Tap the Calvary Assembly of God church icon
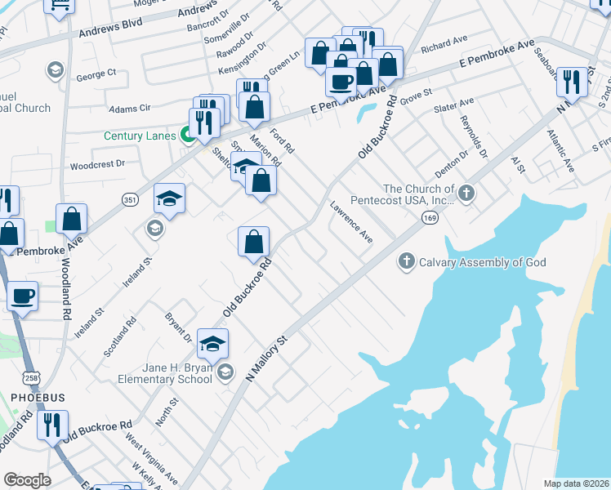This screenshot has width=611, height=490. point(405,262)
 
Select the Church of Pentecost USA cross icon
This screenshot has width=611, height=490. point(466,194)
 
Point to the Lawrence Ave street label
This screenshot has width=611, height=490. point(351,223)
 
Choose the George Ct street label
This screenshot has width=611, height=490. point(96,74)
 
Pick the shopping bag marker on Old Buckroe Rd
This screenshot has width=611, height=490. point(254,241)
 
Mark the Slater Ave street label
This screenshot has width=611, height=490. point(455,105)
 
